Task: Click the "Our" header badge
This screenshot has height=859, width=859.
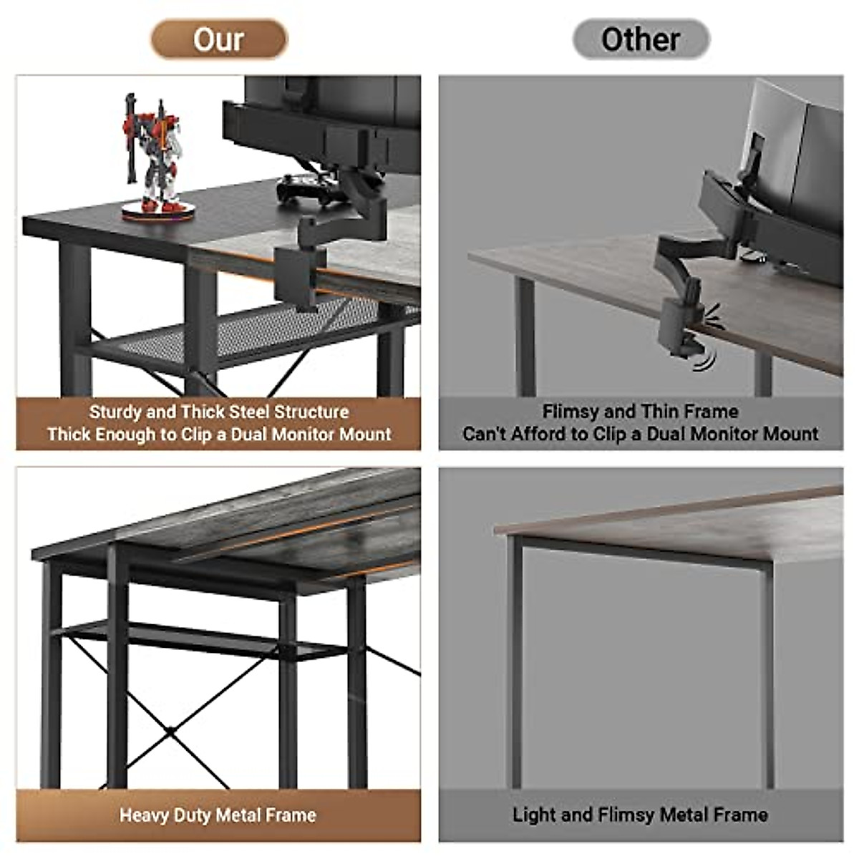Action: (x=218, y=39)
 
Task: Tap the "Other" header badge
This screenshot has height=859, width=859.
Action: (x=641, y=39)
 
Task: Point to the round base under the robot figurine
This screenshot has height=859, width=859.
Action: (x=157, y=210)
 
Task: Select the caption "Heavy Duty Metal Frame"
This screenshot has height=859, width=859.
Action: (x=218, y=815)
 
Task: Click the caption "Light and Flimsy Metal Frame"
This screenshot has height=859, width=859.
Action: (x=640, y=815)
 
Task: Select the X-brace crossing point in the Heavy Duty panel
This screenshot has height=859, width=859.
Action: (x=171, y=730)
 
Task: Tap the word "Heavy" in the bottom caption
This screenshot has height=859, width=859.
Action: (x=142, y=815)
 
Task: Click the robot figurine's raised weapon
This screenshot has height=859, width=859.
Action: (x=131, y=129)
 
